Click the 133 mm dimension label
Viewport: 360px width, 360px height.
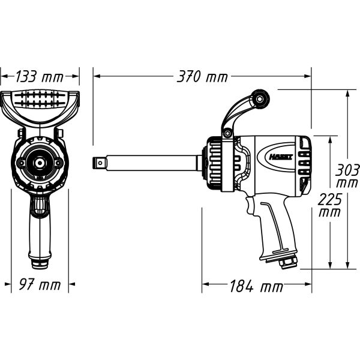pyautogui.click(x=40, y=76)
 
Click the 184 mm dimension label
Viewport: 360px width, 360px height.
pyautogui.click(x=256, y=286)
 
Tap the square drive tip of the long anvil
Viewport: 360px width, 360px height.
pyautogui.click(x=100, y=162)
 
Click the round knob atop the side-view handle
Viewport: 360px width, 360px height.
pyautogui.click(x=260, y=96)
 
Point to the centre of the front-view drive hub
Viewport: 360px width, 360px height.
pyautogui.click(x=40, y=163)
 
